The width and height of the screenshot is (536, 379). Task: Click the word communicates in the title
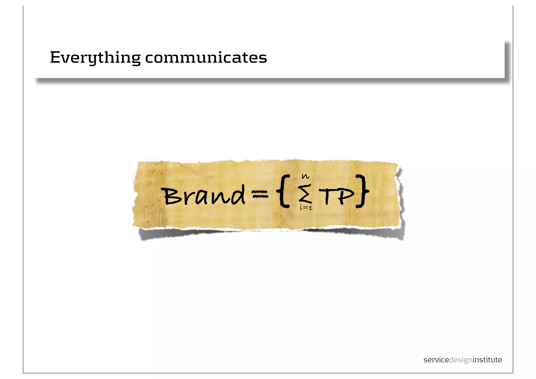206,58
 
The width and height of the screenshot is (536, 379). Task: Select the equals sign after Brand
260,194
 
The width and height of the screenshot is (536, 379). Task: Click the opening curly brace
284,191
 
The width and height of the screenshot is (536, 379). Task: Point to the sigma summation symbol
305,193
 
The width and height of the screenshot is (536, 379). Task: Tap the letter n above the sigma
305,177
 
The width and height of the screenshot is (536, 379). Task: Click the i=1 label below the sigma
306,208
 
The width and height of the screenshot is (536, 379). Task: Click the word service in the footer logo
436,360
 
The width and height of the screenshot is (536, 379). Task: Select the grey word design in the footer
461,360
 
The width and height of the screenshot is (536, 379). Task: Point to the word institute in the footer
487,360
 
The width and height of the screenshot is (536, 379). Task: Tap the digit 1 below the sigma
310,208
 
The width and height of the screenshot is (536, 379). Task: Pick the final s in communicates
263,58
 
